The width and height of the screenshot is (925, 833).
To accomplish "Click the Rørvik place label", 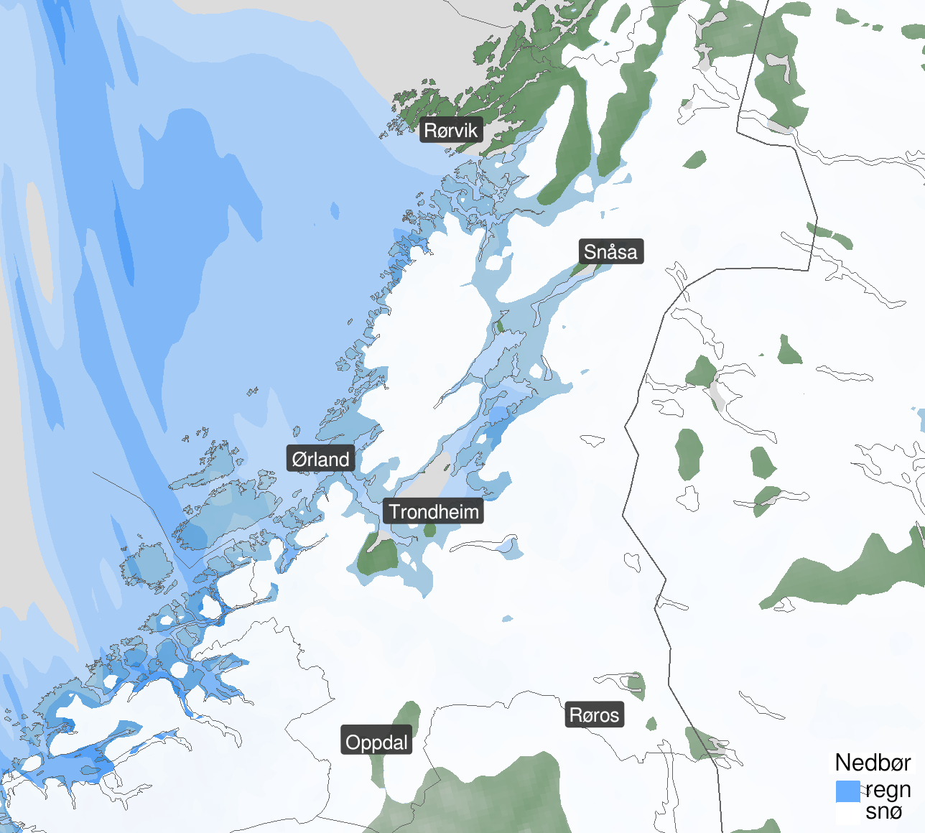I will pos(451,130).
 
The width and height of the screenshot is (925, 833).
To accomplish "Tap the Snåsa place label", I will pos(610,251).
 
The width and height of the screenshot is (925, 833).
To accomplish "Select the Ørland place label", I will pos(320,459).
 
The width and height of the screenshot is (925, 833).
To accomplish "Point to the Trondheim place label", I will pos(433,511).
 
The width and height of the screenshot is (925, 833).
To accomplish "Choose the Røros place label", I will pos(594,715).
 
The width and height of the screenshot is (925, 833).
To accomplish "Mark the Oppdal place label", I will pos(376,742).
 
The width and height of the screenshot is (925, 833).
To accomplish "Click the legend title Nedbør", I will pos(873,763).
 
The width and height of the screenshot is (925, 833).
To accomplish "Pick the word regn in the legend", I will pos(888,790).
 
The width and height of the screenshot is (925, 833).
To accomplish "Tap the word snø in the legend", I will pos(883,811).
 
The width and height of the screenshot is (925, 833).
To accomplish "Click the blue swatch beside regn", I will pos(847,791).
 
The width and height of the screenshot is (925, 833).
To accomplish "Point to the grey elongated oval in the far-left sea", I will pos(39,241).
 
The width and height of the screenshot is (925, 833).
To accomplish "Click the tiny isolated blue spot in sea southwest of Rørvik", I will pos(335,210).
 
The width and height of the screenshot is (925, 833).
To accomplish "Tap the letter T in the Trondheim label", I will pos(394,511).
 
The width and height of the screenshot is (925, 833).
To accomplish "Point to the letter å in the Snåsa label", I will pos(610,251).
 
